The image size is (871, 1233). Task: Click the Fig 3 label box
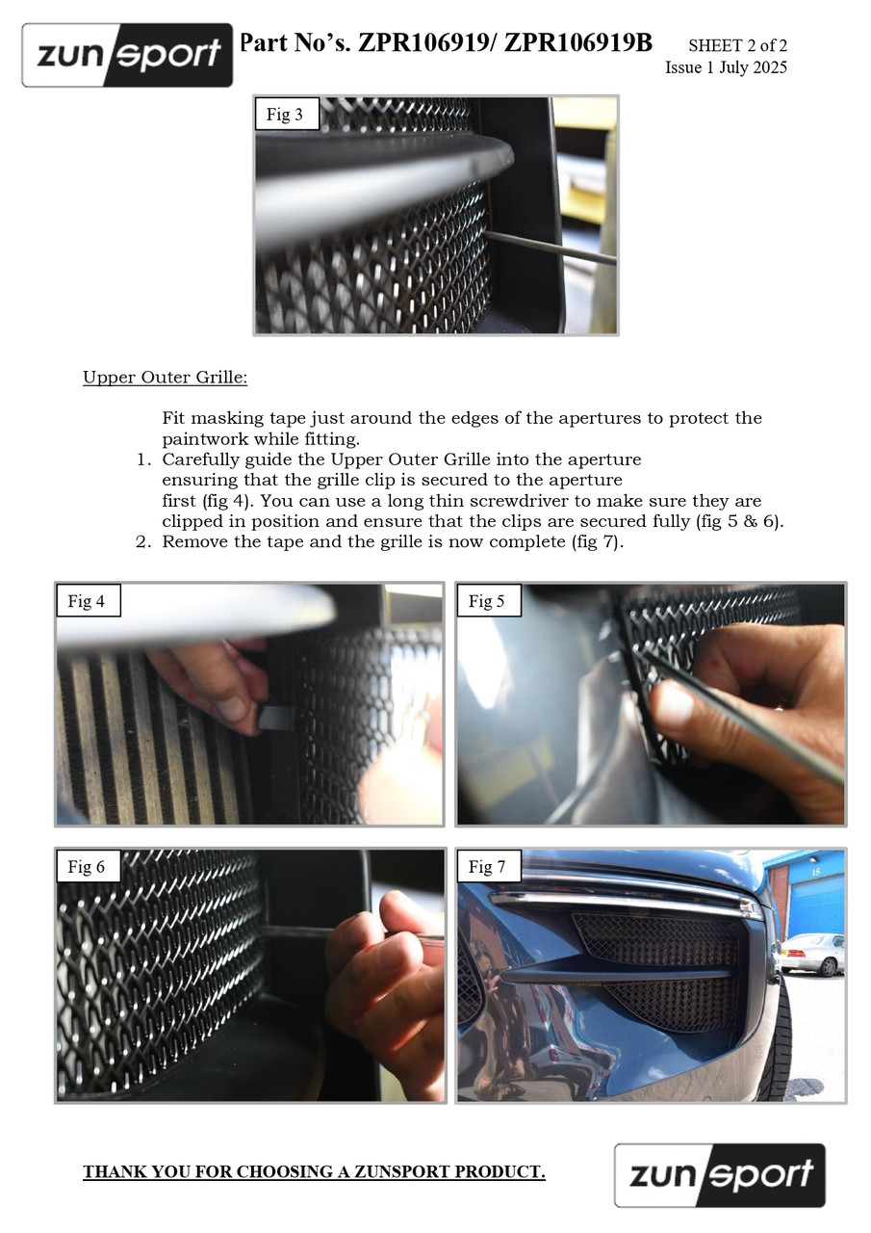click(x=287, y=114)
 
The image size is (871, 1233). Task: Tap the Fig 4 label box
click(x=88, y=600)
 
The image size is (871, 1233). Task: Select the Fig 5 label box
click(x=489, y=600)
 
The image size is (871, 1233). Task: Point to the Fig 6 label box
click(x=88, y=866)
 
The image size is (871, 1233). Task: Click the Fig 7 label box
click(x=489, y=866)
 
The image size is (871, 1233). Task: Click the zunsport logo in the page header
click(x=127, y=55)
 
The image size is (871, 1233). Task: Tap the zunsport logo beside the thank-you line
click(x=720, y=1175)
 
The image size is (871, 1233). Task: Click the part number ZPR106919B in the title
click(x=577, y=43)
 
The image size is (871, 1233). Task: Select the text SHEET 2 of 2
click(x=737, y=45)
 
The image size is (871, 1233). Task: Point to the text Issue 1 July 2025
click(x=726, y=67)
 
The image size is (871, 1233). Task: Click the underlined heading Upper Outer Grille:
click(x=165, y=378)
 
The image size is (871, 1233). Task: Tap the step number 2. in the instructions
click(x=143, y=541)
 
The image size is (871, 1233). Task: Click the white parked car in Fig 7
click(x=812, y=955)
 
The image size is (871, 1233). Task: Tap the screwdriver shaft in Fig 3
click(x=551, y=248)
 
